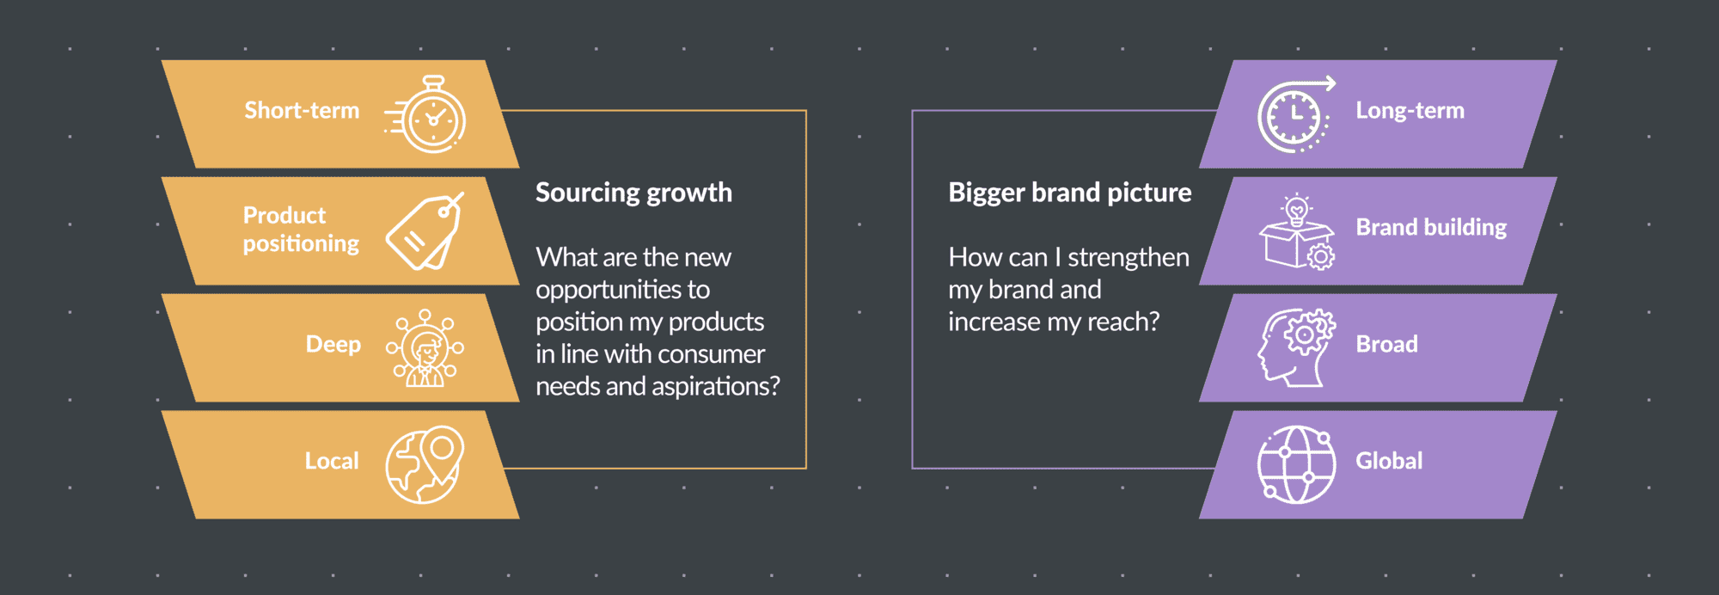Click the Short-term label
point(302,110)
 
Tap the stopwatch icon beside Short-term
point(426,114)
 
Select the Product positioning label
point(301,230)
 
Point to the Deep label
point(333,344)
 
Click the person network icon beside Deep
point(425,348)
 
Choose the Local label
point(332,461)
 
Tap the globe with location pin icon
point(425,464)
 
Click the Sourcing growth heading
point(634,193)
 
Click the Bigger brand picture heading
point(1070,193)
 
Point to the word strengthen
point(1129,257)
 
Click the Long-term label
point(1410,110)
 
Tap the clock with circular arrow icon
point(1296,114)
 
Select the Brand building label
point(1432,227)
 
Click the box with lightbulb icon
point(1297,232)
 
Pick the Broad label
point(1387,344)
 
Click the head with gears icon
point(1297,348)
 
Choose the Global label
point(1389,461)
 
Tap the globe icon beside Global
point(1296,465)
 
